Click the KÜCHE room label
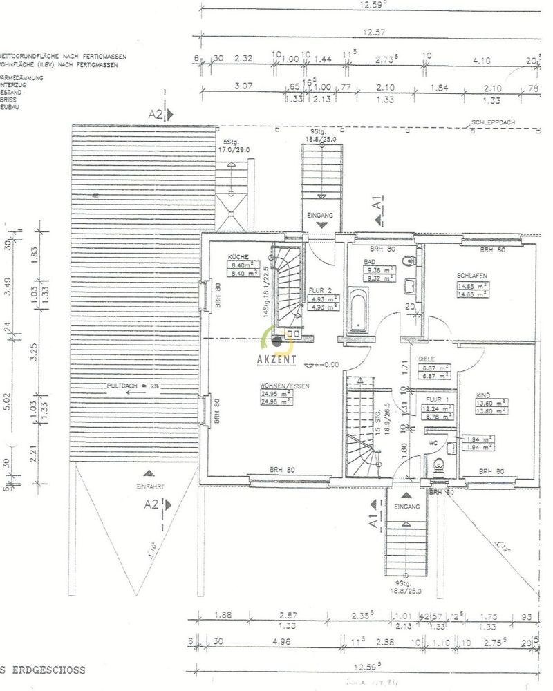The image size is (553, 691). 240,257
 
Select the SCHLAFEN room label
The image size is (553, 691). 472,276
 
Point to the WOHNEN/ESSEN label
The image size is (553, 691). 280,386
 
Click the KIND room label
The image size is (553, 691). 483,395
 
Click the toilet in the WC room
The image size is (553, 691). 437,470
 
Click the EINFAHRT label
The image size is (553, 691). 147,486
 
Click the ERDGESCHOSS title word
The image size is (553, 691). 50,670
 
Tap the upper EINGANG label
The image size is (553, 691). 320,216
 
